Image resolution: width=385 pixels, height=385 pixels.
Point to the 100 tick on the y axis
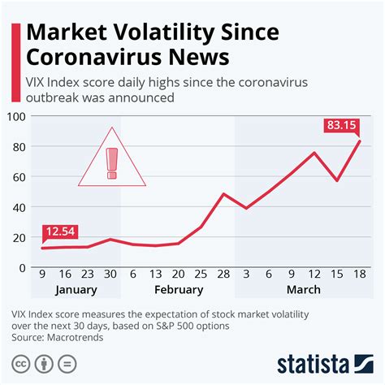[x=17, y=117]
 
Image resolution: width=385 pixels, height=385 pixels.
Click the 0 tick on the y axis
[x=23, y=267]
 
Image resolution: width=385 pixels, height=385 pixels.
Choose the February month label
[x=178, y=290]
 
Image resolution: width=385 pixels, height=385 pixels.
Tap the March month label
[x=303, y=290]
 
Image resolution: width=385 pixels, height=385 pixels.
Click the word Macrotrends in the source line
[x=77, y=337]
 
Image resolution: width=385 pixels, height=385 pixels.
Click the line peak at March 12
[x=314, y=153]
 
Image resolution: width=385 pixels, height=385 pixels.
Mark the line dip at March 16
[x=336, y=180]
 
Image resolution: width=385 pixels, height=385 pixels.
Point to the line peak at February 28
[x=223, y=194]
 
